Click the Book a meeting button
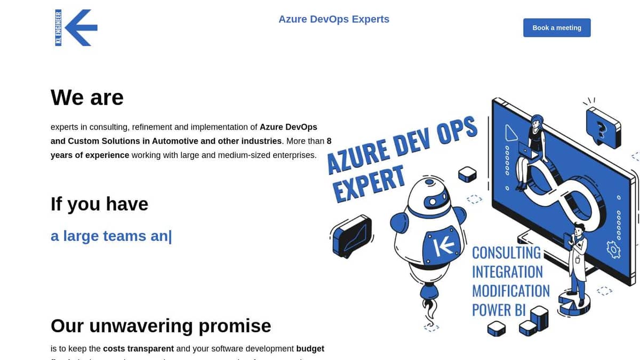point(557,28)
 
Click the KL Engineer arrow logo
point(76,27)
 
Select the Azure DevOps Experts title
point(334,19)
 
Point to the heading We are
point(87,98)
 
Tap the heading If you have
point(99,204)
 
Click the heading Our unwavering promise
point(161,325)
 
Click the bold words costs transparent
point(138,349)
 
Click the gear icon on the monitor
point(614,249)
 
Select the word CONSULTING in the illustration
point(506,252)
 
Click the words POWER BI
point(499,310)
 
